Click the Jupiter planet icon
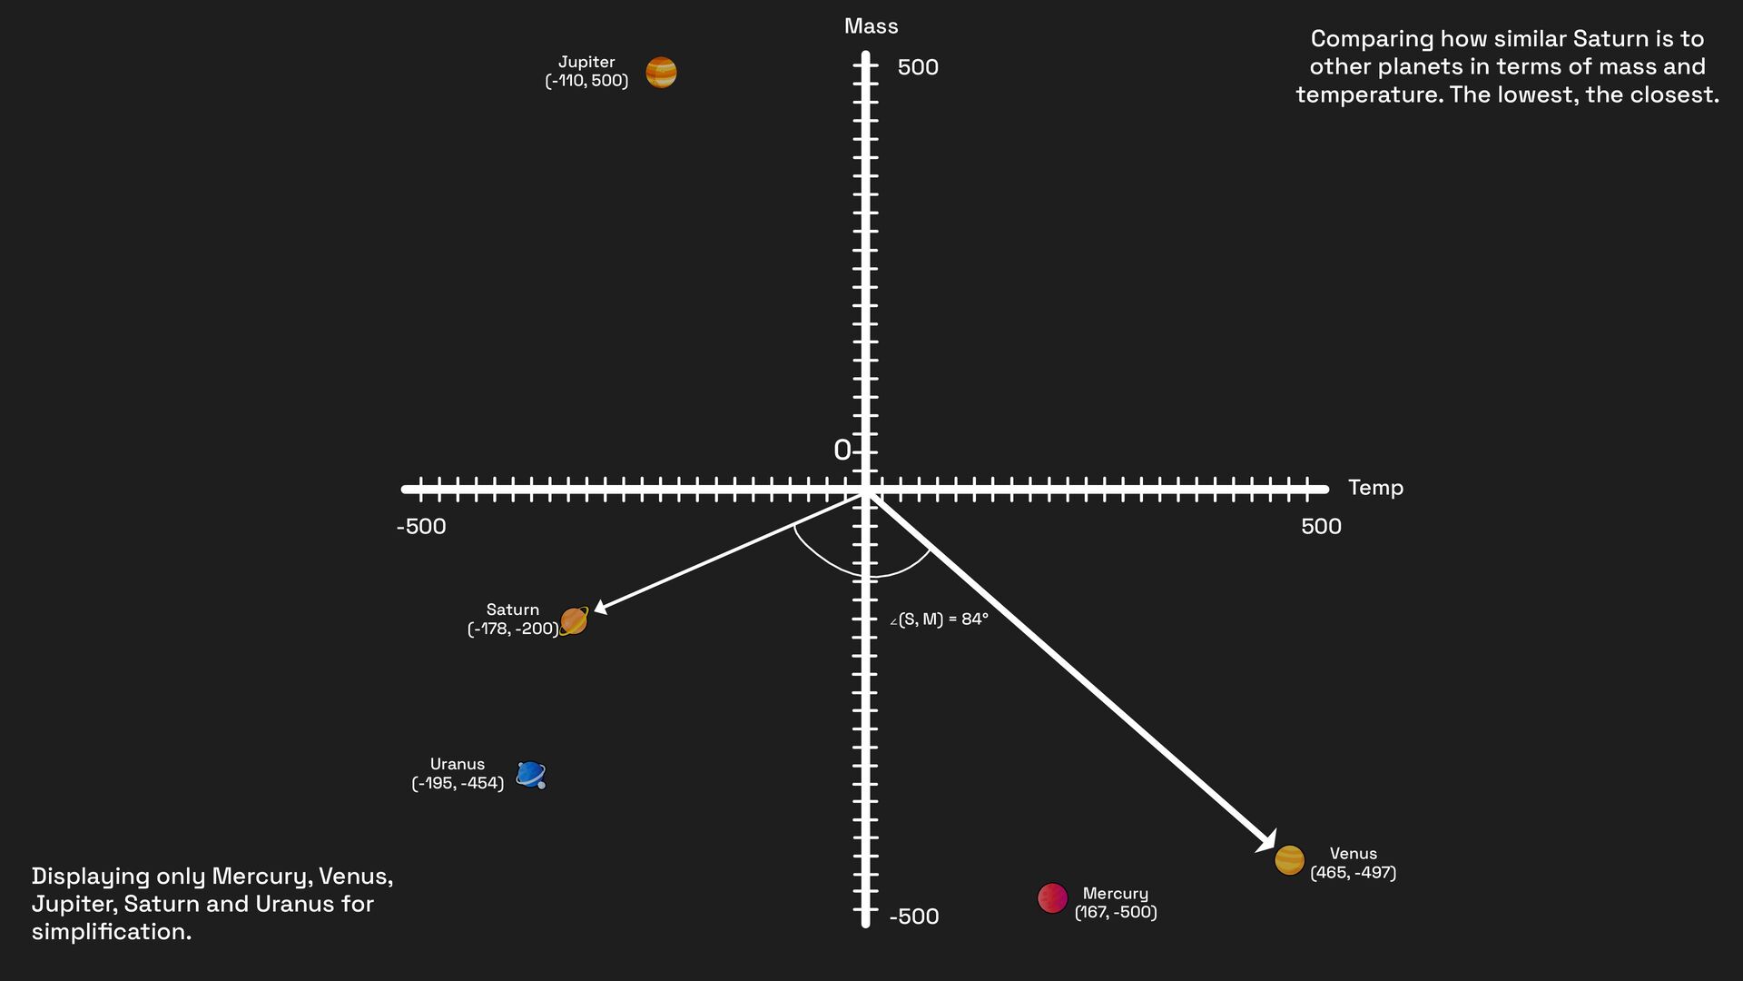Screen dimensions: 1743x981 tap(661, 73)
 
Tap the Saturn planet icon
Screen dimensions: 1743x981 tap(574, 621)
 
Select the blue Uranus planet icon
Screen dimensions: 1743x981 tap(530, 774)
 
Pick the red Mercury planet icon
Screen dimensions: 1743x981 tap(1052, 897)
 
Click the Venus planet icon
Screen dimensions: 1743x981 tap(1289, 859)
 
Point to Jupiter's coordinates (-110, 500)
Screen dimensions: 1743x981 tap(586, 81)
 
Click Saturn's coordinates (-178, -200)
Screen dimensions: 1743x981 tap(513, 629)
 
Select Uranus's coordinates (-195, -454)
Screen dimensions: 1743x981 tap(458, 783)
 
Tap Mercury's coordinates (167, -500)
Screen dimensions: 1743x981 tap(1116, 912)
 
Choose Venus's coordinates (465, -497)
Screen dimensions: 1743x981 tap(1353, 873)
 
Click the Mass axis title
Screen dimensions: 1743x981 tap(871, 26)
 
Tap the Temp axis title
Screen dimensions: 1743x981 tap(1375, 488)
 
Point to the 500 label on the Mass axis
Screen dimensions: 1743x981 tap(918, 67)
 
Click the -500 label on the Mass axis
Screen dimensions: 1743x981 tap(914, 917)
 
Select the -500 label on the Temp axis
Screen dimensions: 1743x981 tap(421, 527)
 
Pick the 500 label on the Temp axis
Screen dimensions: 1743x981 tap(1321, 527)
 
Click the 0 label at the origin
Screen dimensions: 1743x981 tap(842, 451)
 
